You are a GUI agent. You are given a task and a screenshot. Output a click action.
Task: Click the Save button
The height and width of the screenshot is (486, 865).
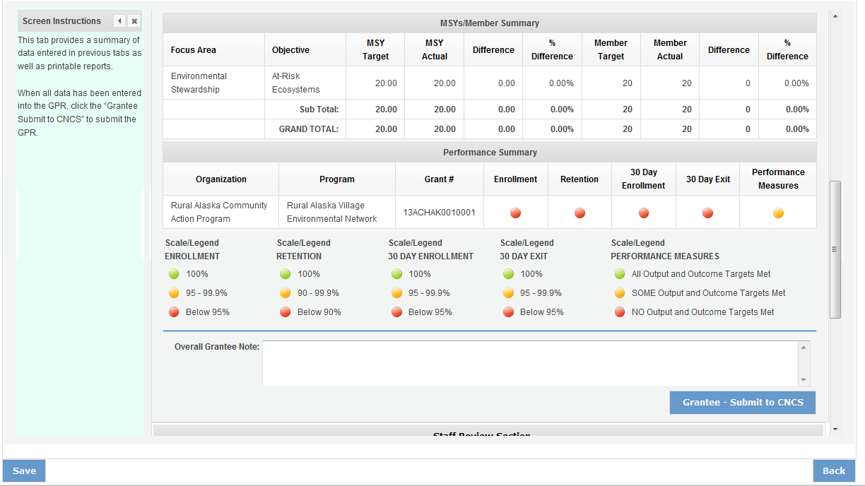24,471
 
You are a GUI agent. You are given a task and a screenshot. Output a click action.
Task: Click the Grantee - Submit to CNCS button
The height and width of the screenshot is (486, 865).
743,403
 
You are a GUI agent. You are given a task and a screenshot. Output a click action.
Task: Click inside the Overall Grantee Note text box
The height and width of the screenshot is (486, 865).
530,364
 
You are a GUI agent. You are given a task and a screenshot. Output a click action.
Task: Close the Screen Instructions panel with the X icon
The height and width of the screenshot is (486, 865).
134,21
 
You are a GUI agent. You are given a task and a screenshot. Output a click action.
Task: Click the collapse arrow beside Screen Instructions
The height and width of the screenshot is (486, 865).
119,21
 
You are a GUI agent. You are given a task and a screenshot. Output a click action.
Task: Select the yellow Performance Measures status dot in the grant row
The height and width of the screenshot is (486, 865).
778,213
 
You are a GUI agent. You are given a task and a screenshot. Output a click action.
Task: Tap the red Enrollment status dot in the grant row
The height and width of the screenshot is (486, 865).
516,213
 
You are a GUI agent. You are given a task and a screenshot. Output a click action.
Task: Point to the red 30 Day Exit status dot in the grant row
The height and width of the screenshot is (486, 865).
707,213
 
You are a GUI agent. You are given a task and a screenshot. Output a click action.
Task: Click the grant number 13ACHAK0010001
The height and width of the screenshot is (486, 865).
439,212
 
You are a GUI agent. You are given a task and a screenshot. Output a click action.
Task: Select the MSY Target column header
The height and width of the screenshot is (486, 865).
375,49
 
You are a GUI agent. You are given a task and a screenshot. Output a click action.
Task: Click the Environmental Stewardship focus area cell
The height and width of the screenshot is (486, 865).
199,83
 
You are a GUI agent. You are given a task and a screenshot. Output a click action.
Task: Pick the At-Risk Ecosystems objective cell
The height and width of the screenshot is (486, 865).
296,83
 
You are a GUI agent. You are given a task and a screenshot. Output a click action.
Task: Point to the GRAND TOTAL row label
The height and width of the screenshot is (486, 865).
309,129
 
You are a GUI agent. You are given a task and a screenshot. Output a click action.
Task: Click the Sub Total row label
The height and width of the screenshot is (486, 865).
319,109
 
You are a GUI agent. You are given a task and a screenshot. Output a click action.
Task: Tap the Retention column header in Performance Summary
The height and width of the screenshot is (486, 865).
579,179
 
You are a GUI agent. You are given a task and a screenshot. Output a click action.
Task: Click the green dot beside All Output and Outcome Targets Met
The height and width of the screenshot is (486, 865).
620,274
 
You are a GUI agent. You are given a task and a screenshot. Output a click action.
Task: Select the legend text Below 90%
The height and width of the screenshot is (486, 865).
319,312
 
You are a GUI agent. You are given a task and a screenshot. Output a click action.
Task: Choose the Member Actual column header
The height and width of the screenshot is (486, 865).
670,49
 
